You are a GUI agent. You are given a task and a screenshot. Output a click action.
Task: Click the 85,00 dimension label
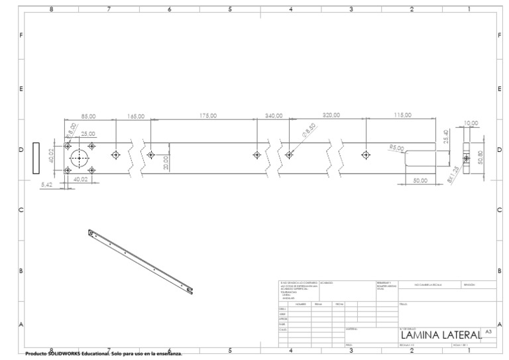coord(88,116)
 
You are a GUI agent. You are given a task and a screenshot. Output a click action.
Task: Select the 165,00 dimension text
coord(136,116)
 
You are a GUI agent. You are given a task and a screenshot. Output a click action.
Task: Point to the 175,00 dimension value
coord(208,115)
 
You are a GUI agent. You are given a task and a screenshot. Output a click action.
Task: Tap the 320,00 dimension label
coord(331,115)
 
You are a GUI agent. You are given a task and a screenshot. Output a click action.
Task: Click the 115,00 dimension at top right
coord(403,115)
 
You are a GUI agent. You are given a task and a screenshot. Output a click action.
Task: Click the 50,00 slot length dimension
coord(420,180)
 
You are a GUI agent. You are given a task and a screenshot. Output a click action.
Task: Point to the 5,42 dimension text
coord(46,184)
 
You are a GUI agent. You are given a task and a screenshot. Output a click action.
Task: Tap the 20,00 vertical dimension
coord(166,161)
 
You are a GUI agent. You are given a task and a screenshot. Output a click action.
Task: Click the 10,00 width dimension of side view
coord(471,123)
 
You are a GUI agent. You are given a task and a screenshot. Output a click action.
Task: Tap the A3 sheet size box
coord(488,330)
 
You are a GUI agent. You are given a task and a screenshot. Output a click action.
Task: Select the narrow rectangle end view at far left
coord(36,158)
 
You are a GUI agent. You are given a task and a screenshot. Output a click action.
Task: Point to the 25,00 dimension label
coord(87,134)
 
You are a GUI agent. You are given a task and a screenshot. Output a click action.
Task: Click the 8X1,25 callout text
coord(452,176)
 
